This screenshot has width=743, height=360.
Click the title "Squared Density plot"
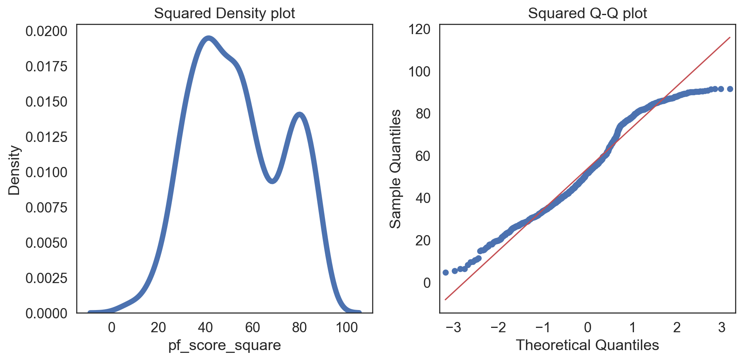pyautogui.click(x=224, y=13)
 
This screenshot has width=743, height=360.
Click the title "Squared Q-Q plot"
pyautogui.click(x=587, y=13)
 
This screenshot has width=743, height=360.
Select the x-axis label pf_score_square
pyautogui.click(x=224, y=345)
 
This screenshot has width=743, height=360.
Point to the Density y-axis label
pyautogui.click(x=14, y=170)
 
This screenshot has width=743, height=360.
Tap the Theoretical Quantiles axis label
pyautogui.click(x=587, y=345)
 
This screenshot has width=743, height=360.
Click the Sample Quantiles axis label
pyautogui.click(x=395, y=169)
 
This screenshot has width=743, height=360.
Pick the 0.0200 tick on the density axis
pyautogui.click(x=46, y=31)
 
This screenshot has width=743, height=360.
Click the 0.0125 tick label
pyautogui.click(x=46, y=137)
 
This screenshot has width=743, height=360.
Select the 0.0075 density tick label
pyautogui.click(x=46, y=208)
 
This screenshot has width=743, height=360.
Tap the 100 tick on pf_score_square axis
pyautogui.click(x=346, y=327)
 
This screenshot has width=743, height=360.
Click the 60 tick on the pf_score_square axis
pyautogui.click(x=252, y=327)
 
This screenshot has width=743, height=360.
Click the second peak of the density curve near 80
pyautogui.click(x=300, y=115)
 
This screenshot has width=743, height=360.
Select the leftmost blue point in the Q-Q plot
pyautogui.click(x=445, y=272)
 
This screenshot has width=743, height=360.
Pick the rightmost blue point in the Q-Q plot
pyautogui.click(x=730, y=89)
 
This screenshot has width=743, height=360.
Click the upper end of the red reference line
pyautogui.click(x=730, y=38)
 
